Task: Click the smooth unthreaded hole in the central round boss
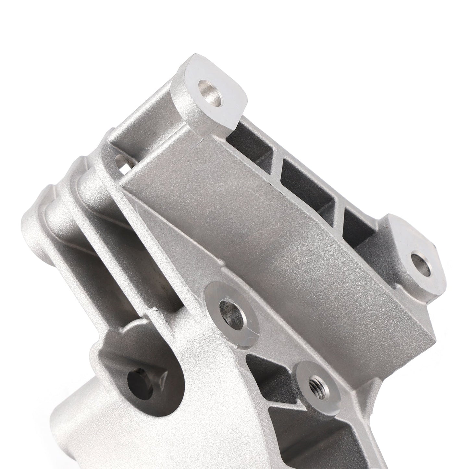pyautogui.click(x=231, y=308)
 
